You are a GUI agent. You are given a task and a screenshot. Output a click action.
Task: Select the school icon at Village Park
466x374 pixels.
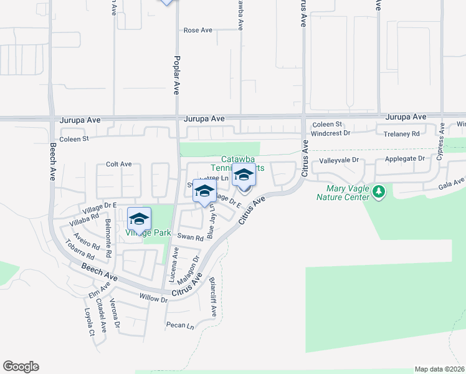(x=140, y=218)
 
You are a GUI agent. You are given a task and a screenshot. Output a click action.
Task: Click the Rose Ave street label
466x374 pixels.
(x=197, y=30)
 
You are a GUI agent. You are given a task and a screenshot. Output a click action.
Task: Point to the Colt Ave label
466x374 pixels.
(x=118, y=164)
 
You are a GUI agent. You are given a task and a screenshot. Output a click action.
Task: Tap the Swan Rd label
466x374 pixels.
(x=190, y=237)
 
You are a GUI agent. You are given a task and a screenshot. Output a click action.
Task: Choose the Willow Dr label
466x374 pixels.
(x=154, y=299)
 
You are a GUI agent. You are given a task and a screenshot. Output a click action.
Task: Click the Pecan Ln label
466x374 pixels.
(x=180, y=325)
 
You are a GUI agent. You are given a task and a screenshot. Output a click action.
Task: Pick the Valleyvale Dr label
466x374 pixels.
(x=340, y=160)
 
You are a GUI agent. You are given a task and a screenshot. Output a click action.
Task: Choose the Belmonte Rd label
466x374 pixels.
(x=108, y=238)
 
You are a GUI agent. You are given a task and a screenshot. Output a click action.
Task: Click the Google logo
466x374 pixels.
(x=21, y=367)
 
